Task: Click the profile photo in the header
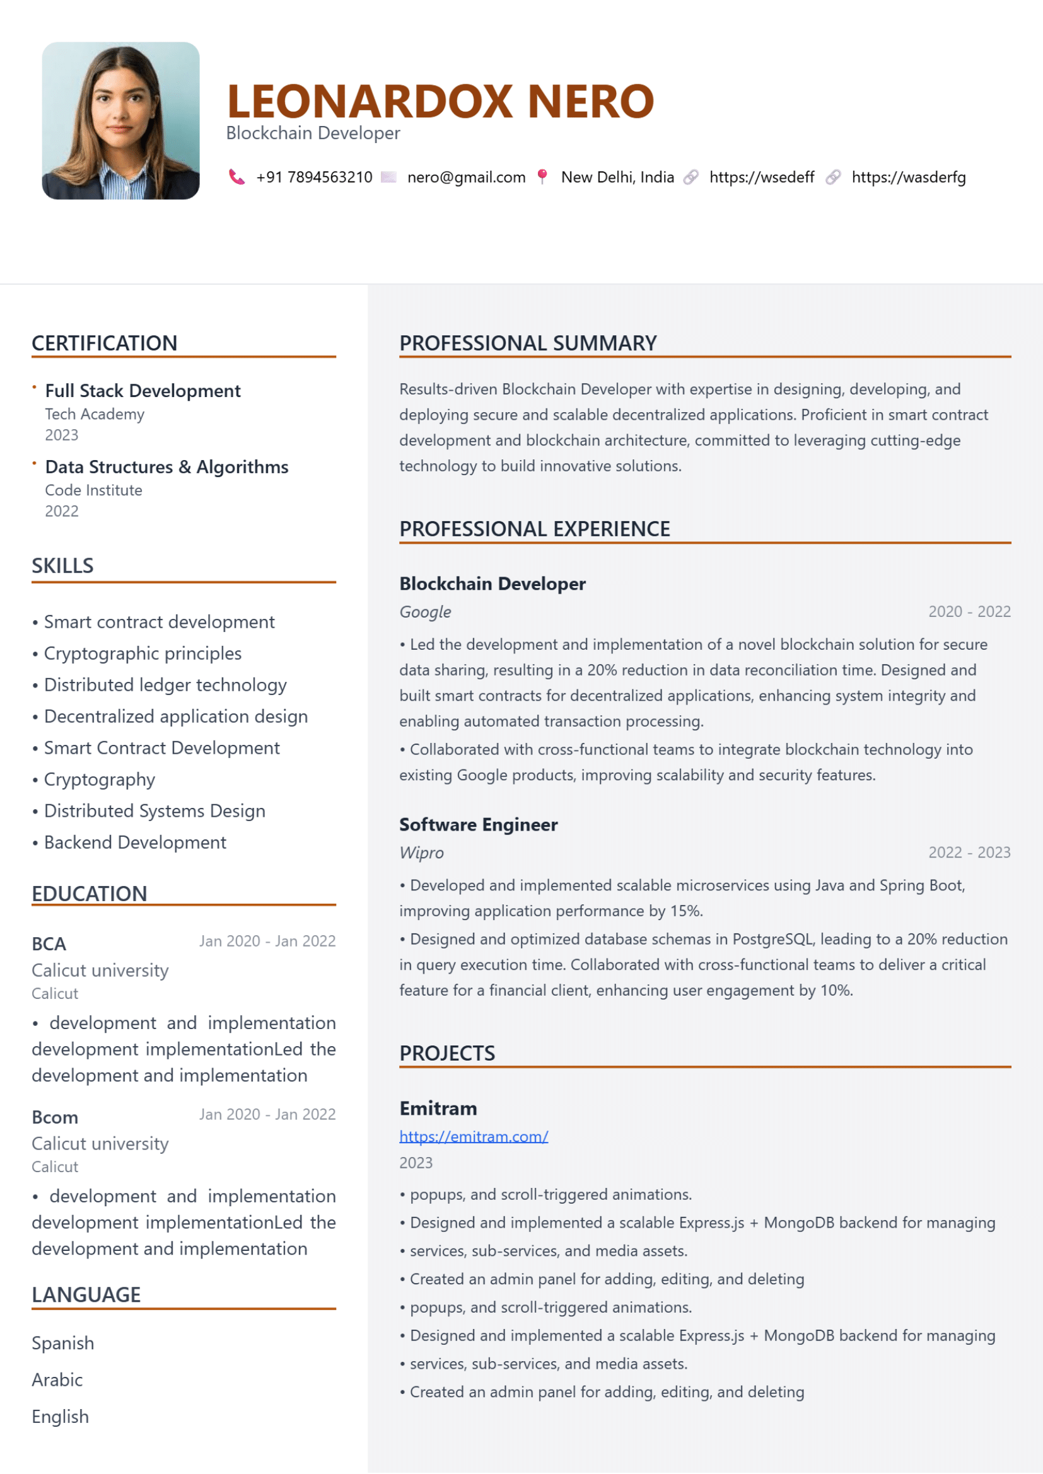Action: click(x=120, y=121)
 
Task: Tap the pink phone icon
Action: click(x=236, y=177)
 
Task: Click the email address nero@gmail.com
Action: click(x=466, y=177)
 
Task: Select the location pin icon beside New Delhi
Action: click(x=543, y=176)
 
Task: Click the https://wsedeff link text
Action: click(x=762, y=177)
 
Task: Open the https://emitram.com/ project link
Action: click(x=474, y=1136)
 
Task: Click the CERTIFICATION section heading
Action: click(x=104, y=343)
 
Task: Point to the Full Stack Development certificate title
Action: click(x=143, y=390)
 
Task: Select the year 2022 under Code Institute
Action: click(x=62, y=511)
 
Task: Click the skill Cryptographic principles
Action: click(x=143, y=654)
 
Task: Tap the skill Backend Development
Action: click(x=135, y=843)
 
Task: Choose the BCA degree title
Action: click(x=49, y=944)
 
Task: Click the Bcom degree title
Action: click(x=55, y=1117)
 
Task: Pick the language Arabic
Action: click(x=57, y=1379)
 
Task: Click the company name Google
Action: click(x=425, y=612)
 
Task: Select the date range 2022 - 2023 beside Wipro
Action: click(x=969, y=853)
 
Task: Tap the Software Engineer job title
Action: click(x=479, y=824)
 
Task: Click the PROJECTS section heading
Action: click(x=447, y=1054)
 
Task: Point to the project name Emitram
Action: click(x=438, y=1108)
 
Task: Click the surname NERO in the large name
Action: click(x=590, y=101)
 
